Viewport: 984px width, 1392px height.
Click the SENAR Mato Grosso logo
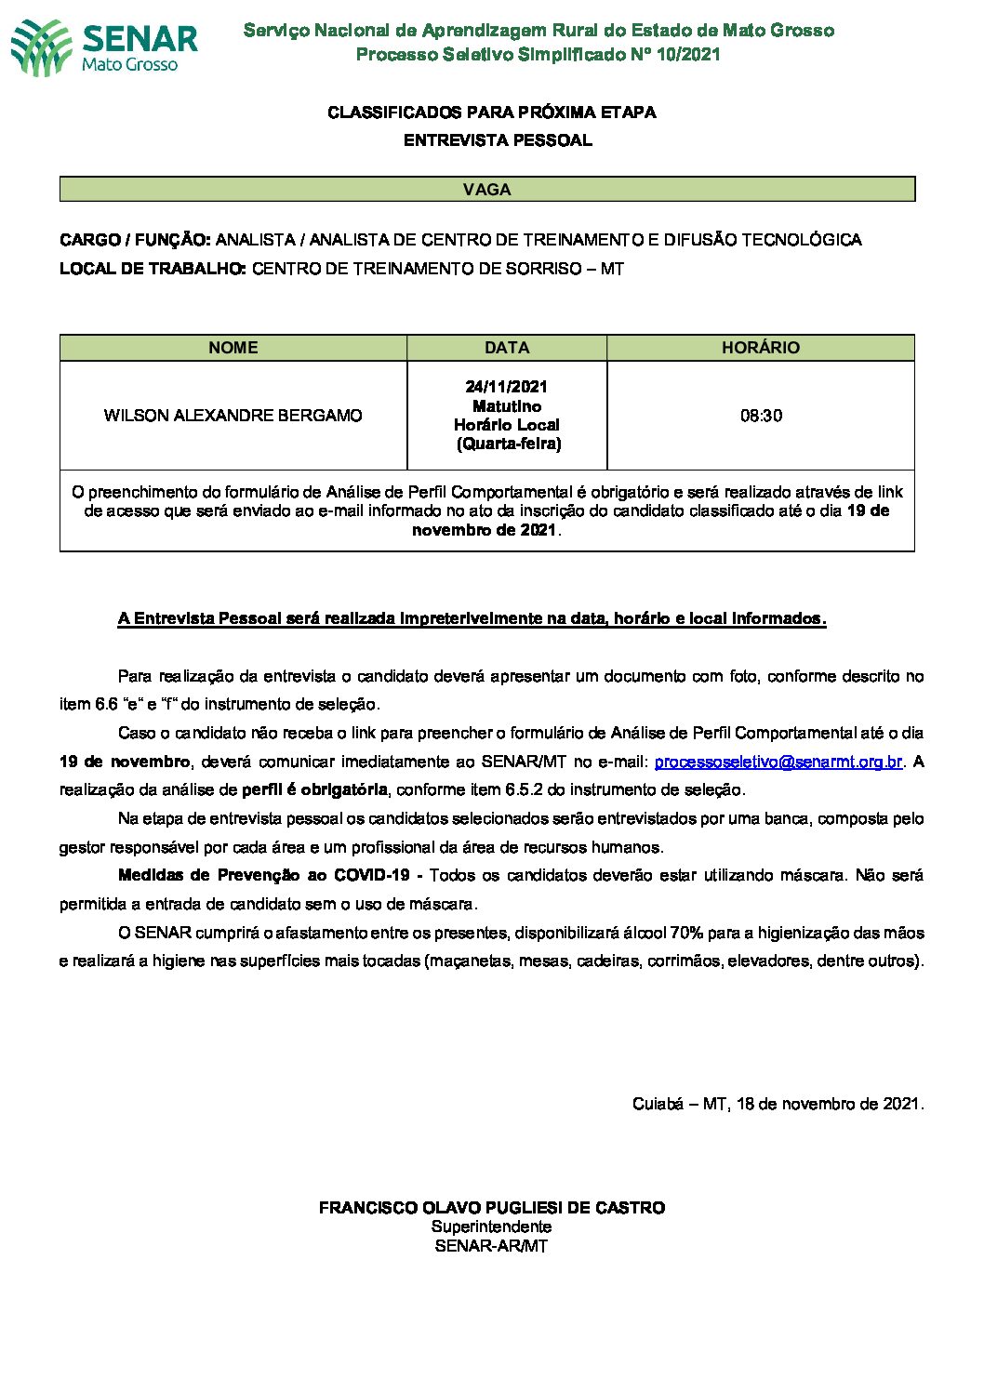(104, 46)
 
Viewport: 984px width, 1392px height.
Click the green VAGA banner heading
(486, 190)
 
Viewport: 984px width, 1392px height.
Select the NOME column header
(233, 348)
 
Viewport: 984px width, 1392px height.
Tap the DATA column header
(507, 348)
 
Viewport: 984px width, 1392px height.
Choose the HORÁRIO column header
(760, 348)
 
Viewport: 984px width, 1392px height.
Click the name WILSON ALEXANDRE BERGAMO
(233, 416)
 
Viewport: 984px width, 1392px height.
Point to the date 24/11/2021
(507, 387)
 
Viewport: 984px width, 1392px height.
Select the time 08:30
(761, 416)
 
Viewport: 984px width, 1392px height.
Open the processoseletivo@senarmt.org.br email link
(778, 762)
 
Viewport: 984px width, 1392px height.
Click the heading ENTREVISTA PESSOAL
(498, 140)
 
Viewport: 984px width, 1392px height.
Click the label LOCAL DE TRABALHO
(153, 269)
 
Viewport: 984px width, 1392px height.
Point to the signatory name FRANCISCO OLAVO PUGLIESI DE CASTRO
(491, 1208)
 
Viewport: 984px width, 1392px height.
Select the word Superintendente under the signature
(491, 1226)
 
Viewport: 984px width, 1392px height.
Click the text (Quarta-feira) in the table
(508, 444)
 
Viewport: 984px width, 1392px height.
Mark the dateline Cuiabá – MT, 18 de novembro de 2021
(778, 1104)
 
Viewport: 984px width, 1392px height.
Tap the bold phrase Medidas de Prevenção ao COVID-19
(264, 875)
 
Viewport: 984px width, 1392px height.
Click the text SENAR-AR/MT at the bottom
(491, 1246)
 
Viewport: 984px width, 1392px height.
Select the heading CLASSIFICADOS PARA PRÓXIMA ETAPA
(491, 113)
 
